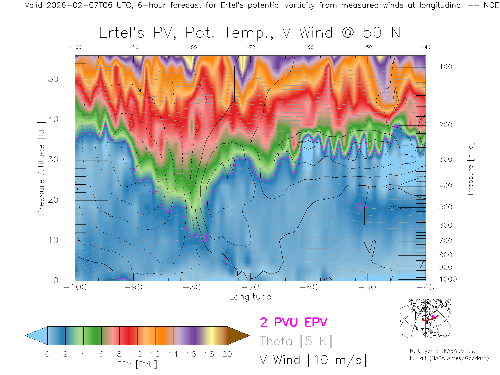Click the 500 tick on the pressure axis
point(446,207)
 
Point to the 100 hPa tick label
point(446,67)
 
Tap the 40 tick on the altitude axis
point(53,119)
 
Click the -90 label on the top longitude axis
point(133,47)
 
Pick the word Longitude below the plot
point(250,297)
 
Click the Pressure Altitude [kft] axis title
point(41,168)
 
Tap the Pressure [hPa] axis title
point(470,168)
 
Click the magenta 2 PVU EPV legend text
point(293,322)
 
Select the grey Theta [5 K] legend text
point(296,341)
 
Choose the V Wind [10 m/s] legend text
point(313,360)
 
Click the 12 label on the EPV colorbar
point(155,354)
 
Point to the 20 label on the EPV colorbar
point(227,354)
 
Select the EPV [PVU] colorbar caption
point(137,364)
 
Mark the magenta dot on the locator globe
point(433,317)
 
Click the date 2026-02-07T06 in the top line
point(79,5)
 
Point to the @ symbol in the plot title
point(348,33)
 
